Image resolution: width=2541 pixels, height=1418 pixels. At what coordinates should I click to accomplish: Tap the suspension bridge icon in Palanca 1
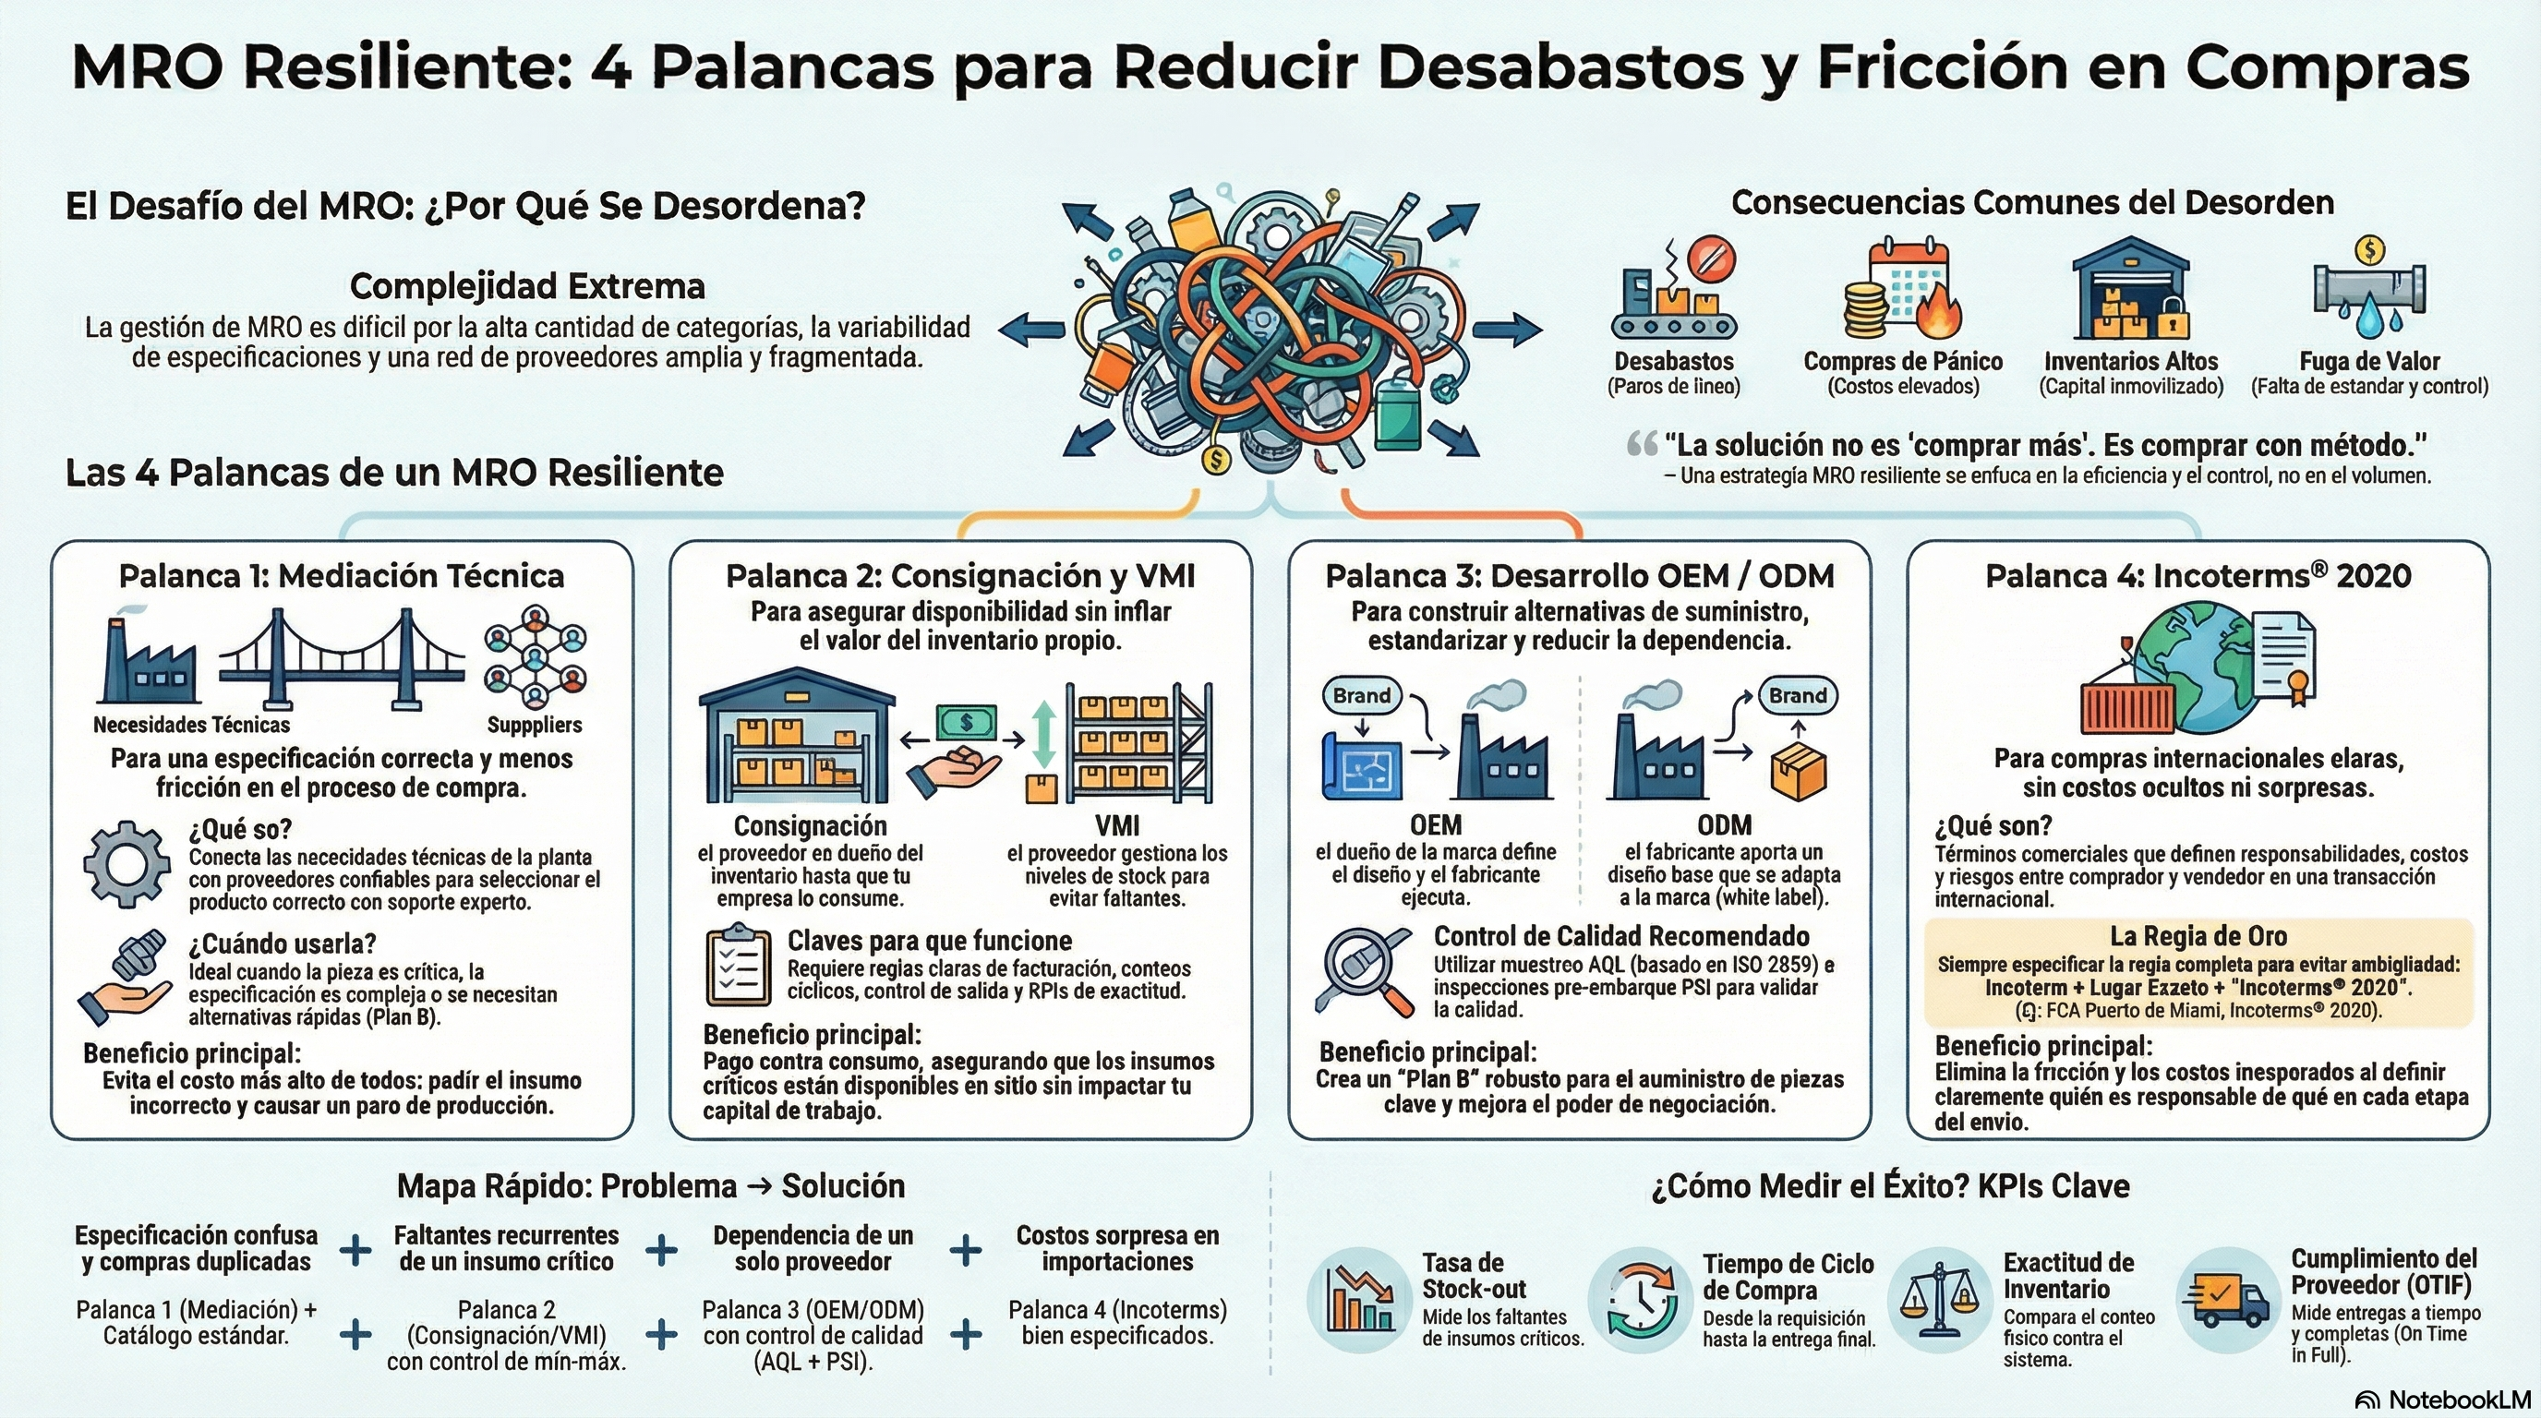click(x=341, y=659)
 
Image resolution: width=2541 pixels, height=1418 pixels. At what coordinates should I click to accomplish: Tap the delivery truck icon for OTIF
click(x=2225, y=1299)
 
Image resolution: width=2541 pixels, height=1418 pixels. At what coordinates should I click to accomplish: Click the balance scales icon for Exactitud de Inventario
click(x=1939, y=1300)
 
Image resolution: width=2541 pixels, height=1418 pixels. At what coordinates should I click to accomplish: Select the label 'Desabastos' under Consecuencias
click(x=1673, y=362)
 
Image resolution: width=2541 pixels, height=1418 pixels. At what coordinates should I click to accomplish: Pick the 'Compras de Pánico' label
click(x=1903, y=362)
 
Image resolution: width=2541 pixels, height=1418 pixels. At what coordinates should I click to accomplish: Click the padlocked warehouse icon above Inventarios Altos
click(x=2131, y=290)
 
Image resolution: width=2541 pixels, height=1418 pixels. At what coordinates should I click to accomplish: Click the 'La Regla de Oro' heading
click(x=2198, y=936)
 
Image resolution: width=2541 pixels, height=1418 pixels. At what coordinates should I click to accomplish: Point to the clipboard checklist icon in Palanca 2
click(x=738, y=966)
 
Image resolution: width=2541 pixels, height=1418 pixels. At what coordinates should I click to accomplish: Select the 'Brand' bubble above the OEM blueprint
click(x=1361, y=695)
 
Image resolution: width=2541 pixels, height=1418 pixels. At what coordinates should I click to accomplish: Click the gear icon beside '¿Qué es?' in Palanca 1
click(x=126, y=864)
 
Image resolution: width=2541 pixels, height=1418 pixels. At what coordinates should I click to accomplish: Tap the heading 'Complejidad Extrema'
click(x=528, y=287)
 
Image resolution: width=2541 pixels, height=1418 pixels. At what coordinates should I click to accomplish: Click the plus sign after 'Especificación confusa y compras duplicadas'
click(x=355, y=1250)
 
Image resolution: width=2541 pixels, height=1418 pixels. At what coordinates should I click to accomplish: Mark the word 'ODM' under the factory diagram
click(x=1723, y=824)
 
